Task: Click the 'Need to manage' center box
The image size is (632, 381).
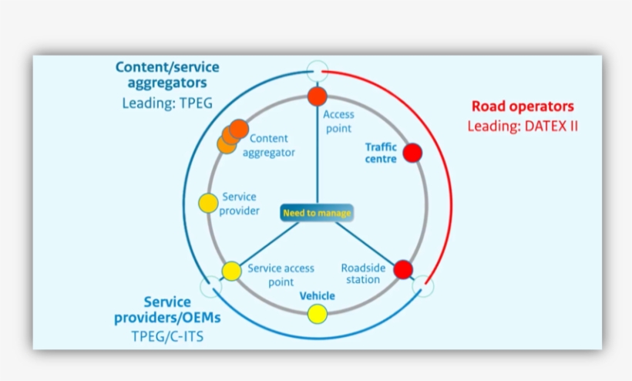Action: [x=317, y=213]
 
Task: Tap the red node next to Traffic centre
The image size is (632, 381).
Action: [x=412, y=153]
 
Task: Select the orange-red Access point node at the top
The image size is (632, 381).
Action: [x=317, y=96]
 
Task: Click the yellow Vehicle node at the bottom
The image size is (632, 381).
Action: [x=317, y=314]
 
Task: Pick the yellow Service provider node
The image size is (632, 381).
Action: [x=208, y=203]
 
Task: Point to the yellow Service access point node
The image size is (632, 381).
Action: [x=232, y=270]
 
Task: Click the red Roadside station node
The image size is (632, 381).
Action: [x=403, y=270]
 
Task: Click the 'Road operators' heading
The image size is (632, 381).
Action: [x=522, y=106]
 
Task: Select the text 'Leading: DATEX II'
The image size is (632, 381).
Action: [x=522, y=126]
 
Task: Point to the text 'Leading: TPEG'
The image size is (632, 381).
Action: [x=166, y=102]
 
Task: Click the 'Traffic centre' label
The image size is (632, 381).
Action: [x=381, y=153]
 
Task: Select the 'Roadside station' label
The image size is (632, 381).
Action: [x=363, y=274]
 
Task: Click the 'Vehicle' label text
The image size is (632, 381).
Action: [x=317, y=295]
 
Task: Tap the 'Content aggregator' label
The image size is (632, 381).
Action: [x=269, y=146]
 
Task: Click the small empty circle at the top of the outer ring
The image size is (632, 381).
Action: [x=317, y=69]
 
